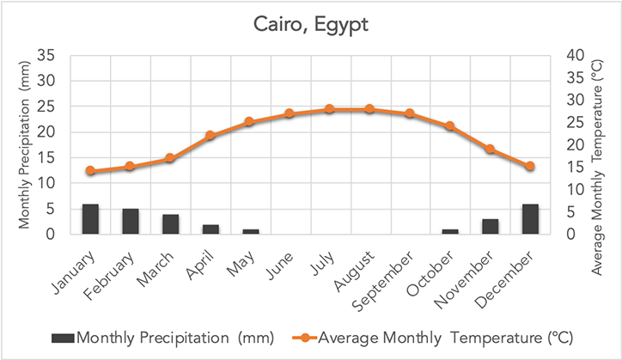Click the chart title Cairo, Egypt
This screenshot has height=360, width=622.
pyautogui.click(x=311, y=24)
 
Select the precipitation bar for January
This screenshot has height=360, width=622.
pyautogui.click(x=90, y=219)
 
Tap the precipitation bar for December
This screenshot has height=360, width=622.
pyautogui.click(x=530, y=219)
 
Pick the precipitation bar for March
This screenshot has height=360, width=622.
pyautogui.click(x=170, y=224)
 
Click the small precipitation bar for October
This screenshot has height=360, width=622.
pyautogui.click(x=450, y=231)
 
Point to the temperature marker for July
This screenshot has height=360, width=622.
pyautogui.click(x=329, y=109)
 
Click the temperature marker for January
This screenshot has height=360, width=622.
pyautogui.click(x=90, y=171)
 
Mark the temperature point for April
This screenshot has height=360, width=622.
pyautogui.click(x=210, y=136)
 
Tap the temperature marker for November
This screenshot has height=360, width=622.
pyautogui.click(x=490, y=149)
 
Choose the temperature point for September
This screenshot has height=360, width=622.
pyautogui.click(x=410, y=113)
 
